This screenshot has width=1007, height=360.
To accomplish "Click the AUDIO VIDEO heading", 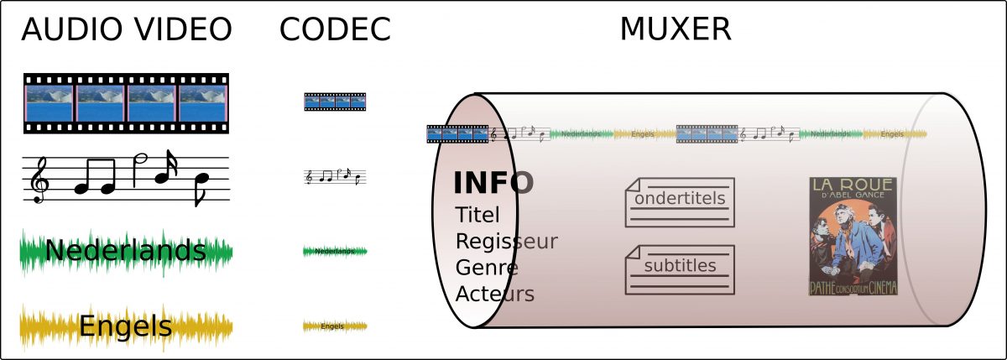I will pyautogui.click(x=126, y=29).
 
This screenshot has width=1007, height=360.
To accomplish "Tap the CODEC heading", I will pyautogui.click(x=335, y=29).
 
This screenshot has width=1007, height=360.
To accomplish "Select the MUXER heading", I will pyautogui.click(x=675, y=29).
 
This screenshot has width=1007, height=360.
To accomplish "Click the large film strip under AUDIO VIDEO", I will pyautogui.click(x=126, y=103).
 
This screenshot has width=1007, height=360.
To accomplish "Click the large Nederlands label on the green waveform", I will pyautogui.click(x=126, y=250).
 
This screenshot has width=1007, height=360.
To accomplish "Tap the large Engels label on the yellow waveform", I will pyautogui.click(x=126, y=326).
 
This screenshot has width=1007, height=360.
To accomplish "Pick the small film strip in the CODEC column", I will pyautogui.click(x=335, y=102).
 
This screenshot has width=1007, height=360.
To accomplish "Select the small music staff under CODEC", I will pyautogui.click(x=335, y=177).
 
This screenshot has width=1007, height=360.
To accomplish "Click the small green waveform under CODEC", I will pyautogui.click(x=335, y=251).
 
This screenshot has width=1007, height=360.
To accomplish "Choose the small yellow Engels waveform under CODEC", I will pyautogui.click(x=335, y=326).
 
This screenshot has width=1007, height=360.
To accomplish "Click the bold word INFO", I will pyautogui.click(x=493, y=182).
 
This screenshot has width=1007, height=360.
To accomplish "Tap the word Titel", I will pyautogui.click(x=477, y=215).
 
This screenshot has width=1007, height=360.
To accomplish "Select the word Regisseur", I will pyautogui.click(x=506, y=242).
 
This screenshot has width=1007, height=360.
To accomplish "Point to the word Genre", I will pyautogui.click(x=487, y=268).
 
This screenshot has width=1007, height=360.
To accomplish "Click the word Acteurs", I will pyautogui.click(x=494, y=295).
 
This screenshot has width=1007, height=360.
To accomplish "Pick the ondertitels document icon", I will pyautogui.click(x=680, y=202).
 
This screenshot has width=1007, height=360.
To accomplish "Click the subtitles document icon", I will pyautogui.click(x=680, y=269).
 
